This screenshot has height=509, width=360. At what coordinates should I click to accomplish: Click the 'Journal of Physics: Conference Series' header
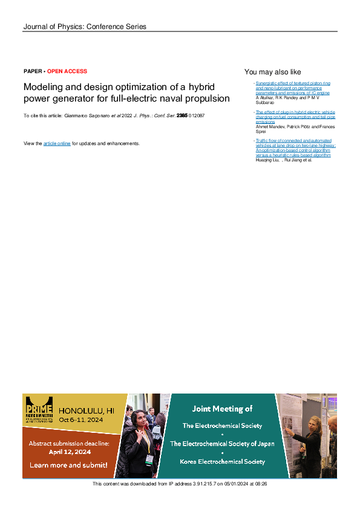(84, 27)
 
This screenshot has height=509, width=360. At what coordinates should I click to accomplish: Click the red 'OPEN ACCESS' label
(67, 71)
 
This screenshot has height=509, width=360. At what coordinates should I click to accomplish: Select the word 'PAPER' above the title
(33, 71)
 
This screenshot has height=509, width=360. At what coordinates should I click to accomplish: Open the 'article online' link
(57, 143)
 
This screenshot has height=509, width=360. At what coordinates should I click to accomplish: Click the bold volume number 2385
(182, 115)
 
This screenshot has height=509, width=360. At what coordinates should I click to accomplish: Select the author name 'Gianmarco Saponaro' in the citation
(85, 115)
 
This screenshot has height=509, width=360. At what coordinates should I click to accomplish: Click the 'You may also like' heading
(272, 72)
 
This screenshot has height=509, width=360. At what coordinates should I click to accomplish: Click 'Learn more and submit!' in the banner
(68, 465)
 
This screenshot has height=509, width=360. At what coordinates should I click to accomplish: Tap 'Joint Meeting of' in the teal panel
(222, 409)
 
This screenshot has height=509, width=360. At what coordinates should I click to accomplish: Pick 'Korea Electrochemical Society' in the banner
(222, 461)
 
